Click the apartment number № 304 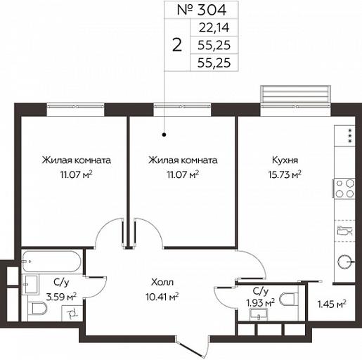(202, 10)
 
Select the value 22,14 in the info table (214, 27)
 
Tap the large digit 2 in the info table (177, 45)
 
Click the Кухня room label (285, 160)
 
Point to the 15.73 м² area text (285, 174)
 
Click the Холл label (162, 282)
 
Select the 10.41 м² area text (162, 297)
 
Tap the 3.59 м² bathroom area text (61, 297)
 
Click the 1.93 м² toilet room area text (261, 303)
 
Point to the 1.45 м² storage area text (332, 304)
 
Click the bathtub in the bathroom (51, 262)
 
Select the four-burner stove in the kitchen (344, 188)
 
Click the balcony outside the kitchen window (296, 94)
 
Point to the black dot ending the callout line (164, 135)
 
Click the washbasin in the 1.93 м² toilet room (259, 314)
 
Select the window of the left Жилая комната (75, 106)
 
